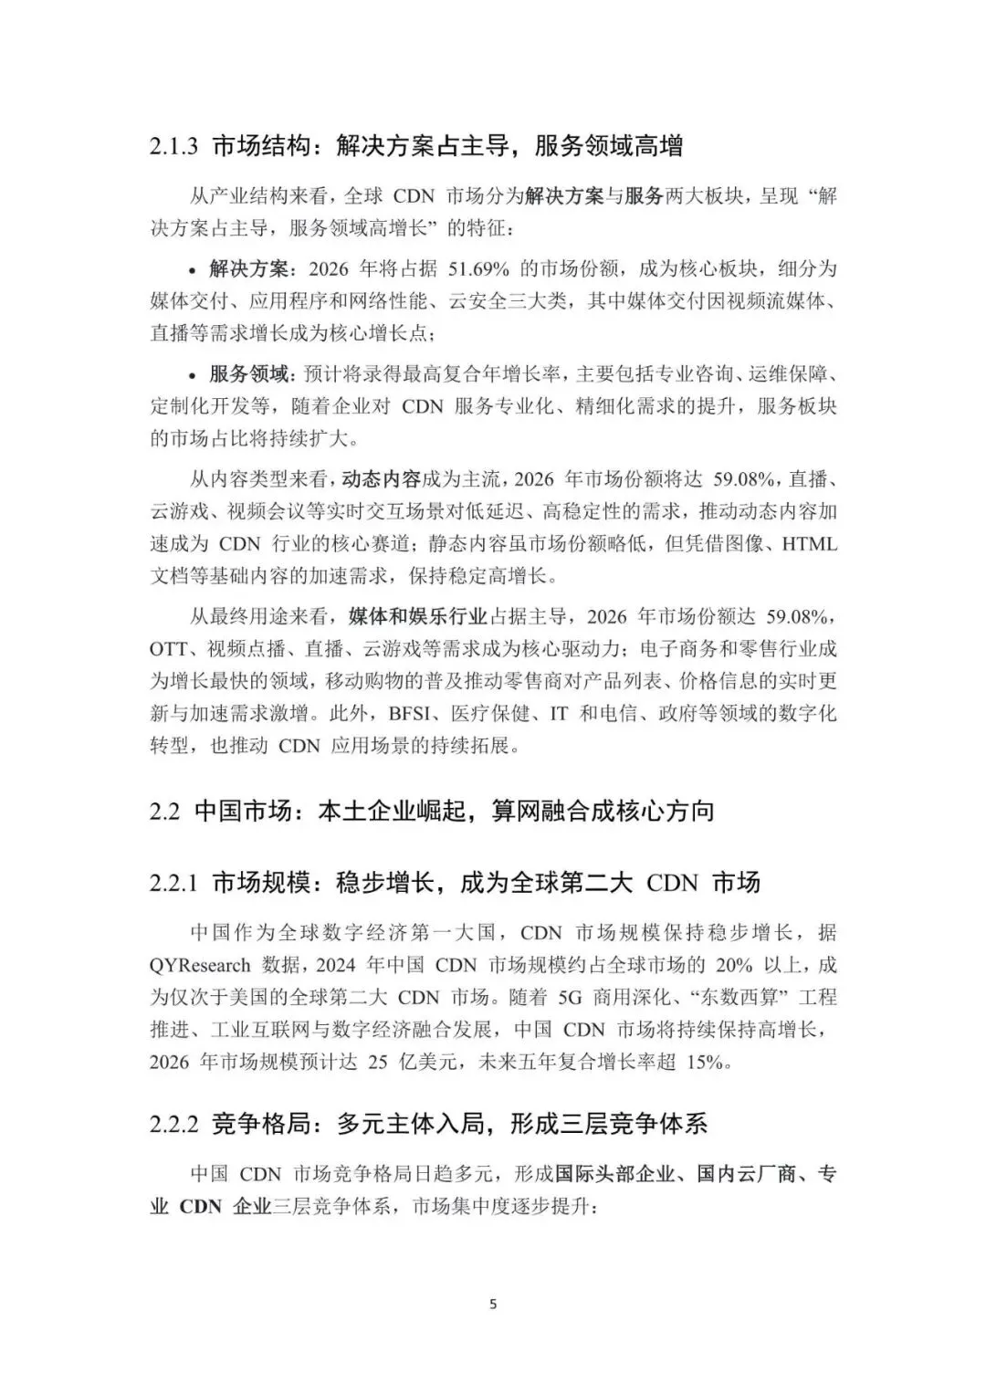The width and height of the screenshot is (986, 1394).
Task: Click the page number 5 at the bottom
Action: pyautogui.click(x=493, y=1305)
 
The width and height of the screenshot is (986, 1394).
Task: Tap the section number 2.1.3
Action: pyautogui.click(x=173, y=146)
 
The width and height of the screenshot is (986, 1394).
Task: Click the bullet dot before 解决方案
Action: pyautogui.click(x=192, y=270)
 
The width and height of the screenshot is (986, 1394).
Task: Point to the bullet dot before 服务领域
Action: pyautogui.click(x=192, y=374)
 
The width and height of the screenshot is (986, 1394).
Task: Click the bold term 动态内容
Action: pyautogui.click(x=381, y=478)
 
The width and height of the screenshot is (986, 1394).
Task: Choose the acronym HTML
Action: pyautogui.click(x=810, y=544)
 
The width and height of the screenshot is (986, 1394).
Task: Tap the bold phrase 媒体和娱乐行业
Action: pyautogui.click(x=417, y=617)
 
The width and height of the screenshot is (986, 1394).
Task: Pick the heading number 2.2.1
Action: pyautogui.click(x=173, y=884)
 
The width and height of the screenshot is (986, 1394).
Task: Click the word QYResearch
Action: pyautogui.click(x=200, y=965)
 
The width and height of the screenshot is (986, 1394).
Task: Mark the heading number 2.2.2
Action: pyautogui.click(x=173, y=1124)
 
